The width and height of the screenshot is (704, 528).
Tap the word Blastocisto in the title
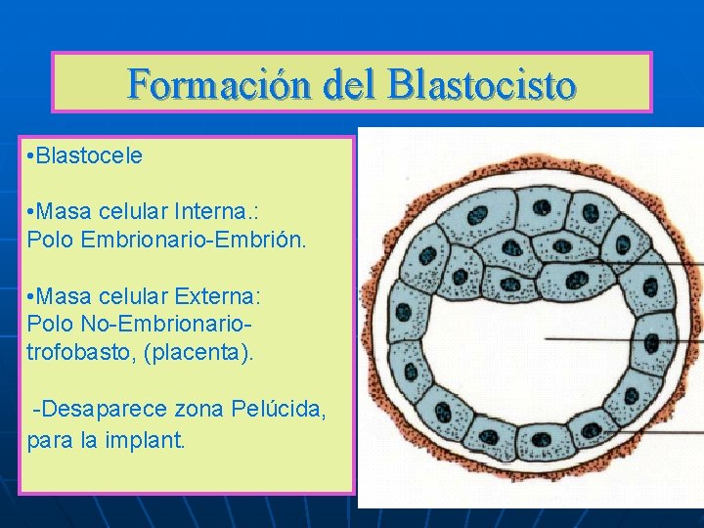click(x=481, y=84)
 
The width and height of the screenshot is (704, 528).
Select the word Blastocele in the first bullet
click(x=91, y=156)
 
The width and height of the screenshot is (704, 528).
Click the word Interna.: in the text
click(x=224, y=211)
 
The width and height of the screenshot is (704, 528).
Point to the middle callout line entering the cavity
click(x=626, y=338)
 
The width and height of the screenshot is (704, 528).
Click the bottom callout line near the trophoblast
click(x=655, y=432)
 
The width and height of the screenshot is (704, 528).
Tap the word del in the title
click(x=338, y=84)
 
